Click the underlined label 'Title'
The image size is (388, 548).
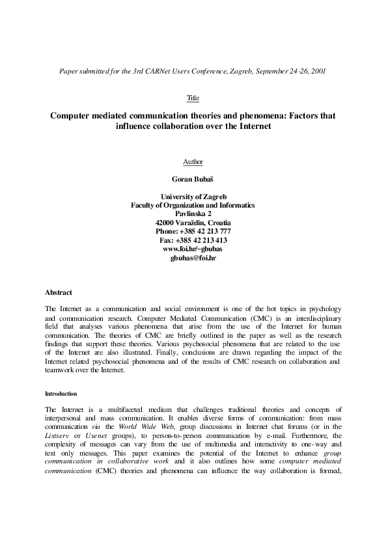coord(193,98)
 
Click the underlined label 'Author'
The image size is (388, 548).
coord(193,161)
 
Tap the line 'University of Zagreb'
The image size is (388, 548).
coord(193,196)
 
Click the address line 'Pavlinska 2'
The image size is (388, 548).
coord(193,213)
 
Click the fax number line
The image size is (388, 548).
coord(193,240)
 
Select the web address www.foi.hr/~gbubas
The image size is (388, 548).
coord(193,249)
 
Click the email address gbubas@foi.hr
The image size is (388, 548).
coord(193,258)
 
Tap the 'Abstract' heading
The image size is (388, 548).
coord(58,292)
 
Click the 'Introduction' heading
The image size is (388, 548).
coord(61,394)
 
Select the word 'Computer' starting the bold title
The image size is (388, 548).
coord(73,115)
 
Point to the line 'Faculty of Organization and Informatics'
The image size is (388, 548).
coord(193,205)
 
